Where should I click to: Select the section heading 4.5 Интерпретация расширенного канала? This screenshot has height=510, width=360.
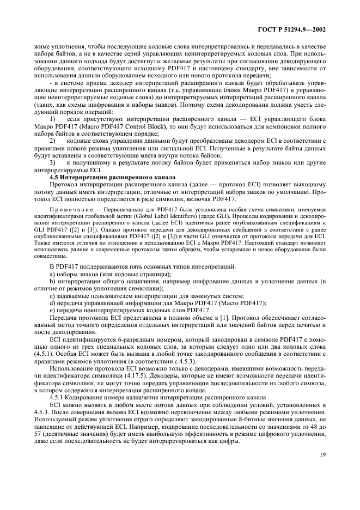pos(112,177)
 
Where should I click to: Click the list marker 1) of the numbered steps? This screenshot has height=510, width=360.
pos(52,133)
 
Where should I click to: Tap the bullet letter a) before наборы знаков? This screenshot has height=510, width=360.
pos(52,273)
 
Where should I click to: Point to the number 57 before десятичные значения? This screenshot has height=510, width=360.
pos(40,434)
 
